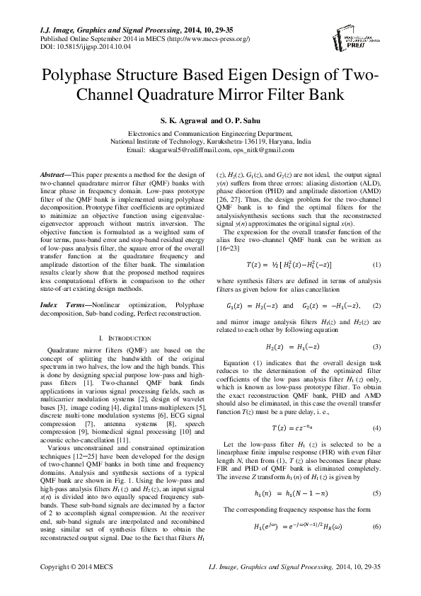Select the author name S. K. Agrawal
(x=176, y=121)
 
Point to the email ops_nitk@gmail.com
(x=263, y=150)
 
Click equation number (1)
(x=376, y=264)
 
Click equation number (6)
(x=376, y=508)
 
